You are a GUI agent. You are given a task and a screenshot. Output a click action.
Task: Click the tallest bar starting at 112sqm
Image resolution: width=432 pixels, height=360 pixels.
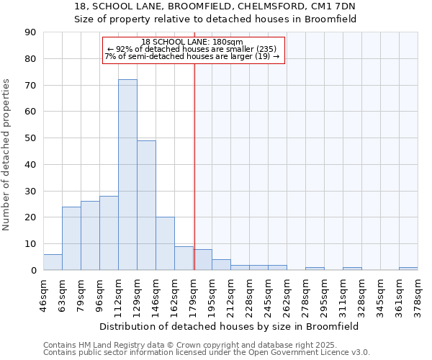127,175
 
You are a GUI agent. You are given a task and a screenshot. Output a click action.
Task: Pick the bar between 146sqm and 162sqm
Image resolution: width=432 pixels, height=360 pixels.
165,243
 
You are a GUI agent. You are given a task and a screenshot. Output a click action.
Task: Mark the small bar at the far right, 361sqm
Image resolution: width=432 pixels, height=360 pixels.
408,269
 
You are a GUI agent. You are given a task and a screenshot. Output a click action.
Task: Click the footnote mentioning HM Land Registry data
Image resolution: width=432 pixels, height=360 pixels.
206,345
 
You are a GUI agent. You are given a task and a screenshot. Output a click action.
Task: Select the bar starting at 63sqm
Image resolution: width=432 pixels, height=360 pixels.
71,238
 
